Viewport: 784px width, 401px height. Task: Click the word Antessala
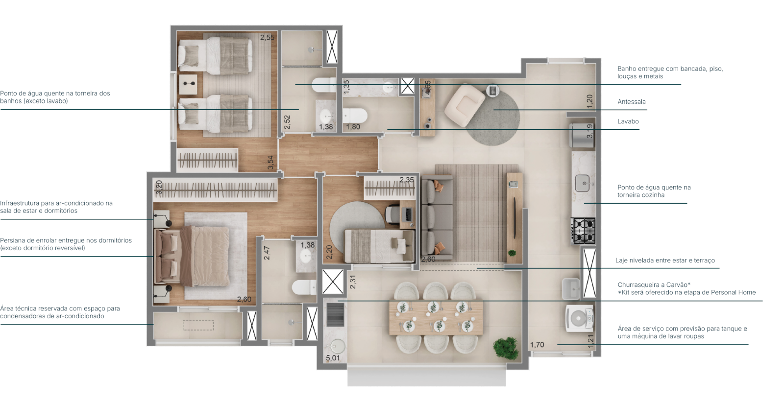632,102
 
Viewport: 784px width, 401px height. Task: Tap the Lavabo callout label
628,121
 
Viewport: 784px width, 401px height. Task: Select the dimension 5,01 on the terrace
333,358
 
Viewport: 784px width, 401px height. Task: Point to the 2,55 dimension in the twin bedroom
267,37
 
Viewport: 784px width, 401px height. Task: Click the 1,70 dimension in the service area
537,345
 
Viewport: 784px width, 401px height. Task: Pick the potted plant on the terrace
505,348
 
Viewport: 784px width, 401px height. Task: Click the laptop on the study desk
407,213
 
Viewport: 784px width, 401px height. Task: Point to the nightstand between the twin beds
188,84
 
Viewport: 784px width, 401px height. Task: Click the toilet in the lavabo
355,115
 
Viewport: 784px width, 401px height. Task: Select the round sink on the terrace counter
338,346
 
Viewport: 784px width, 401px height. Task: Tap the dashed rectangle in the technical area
198,325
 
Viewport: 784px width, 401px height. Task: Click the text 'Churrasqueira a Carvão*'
654,284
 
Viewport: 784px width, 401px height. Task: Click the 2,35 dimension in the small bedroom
407,180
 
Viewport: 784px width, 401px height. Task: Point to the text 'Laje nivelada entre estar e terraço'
665,260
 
